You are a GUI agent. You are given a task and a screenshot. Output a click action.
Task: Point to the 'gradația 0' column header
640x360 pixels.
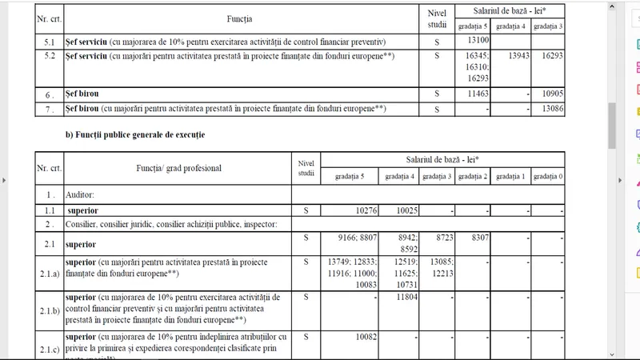click(x=548, y=177)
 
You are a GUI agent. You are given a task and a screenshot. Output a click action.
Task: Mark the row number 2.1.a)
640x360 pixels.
click(x=49, y=273)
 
